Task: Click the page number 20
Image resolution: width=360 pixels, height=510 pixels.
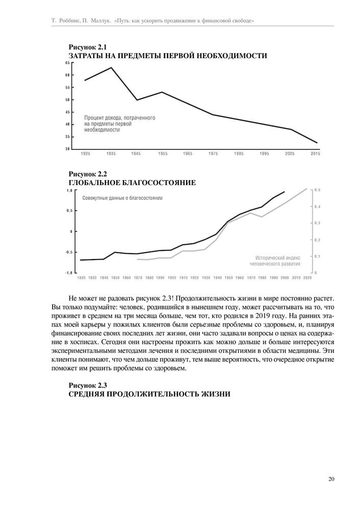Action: (331, 479)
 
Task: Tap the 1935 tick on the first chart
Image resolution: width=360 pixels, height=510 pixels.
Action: (111, 154)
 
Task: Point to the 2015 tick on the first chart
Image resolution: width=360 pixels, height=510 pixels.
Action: (316, 154)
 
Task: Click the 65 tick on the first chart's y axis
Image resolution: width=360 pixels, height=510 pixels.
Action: (68, 63)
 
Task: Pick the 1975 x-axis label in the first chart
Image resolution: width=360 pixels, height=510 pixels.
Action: (213, 154)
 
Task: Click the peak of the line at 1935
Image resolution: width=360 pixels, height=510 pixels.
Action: (111, 67)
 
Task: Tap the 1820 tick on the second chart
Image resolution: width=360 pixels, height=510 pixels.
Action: (81, 277)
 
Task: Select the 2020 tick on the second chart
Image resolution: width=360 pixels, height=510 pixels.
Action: (307, 277)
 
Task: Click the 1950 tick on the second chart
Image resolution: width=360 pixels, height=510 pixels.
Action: (228, 277)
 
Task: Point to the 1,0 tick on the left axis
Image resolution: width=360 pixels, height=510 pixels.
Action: (69, 190)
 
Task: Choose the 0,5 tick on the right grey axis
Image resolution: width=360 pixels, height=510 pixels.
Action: (318, 190)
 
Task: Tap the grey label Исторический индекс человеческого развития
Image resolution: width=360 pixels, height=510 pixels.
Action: (275, 261)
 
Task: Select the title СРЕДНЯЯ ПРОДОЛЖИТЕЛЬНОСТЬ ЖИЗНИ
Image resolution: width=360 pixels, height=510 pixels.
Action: (149, 394)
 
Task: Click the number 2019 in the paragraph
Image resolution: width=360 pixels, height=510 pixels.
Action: (271, 317)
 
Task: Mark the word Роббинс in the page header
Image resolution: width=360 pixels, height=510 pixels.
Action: (73, 21)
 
